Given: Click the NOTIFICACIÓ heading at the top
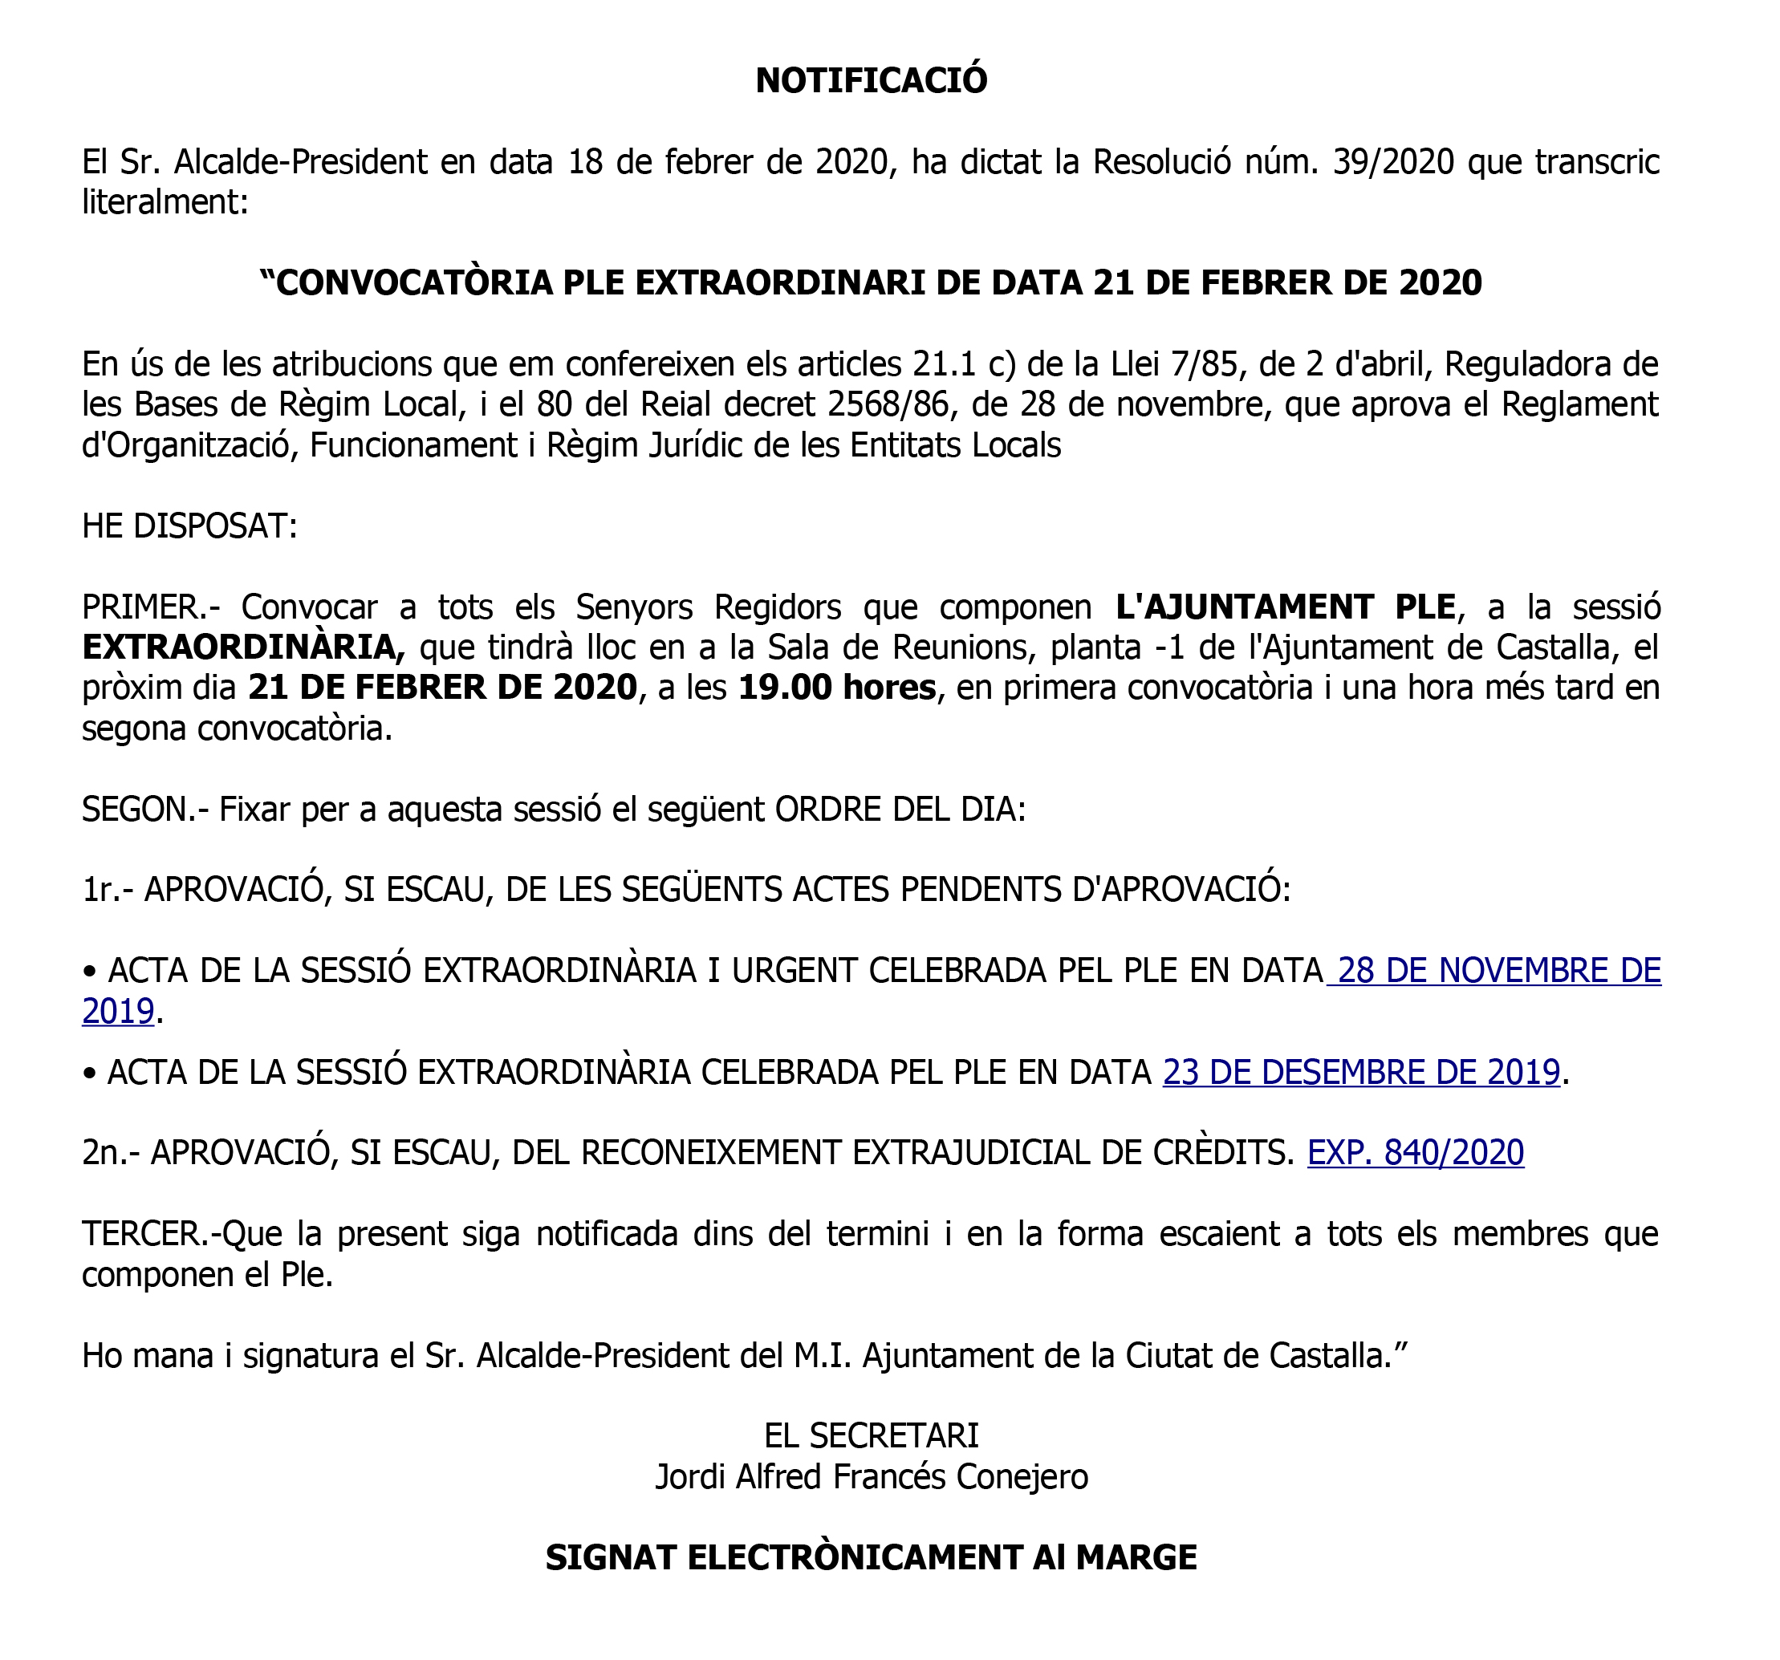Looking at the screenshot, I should (x=872, y=80).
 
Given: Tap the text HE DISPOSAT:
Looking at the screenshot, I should (x=189, y=526).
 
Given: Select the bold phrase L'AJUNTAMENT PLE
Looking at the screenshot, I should (x=1285, y=607).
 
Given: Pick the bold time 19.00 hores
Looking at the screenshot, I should (x=837, y=688).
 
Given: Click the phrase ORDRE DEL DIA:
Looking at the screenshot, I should (x=900, y=810).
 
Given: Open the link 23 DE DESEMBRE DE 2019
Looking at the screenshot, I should (x=1361, y=1072).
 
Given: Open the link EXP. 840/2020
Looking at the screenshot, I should (x=1416, y=1152).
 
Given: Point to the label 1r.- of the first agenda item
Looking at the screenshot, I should (x=108, y=890).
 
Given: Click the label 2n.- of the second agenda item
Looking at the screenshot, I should (x=111, y=1152).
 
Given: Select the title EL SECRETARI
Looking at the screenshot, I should (x=872, y=1436).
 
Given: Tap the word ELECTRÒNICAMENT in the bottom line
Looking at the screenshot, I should (x=854, y=1558).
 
